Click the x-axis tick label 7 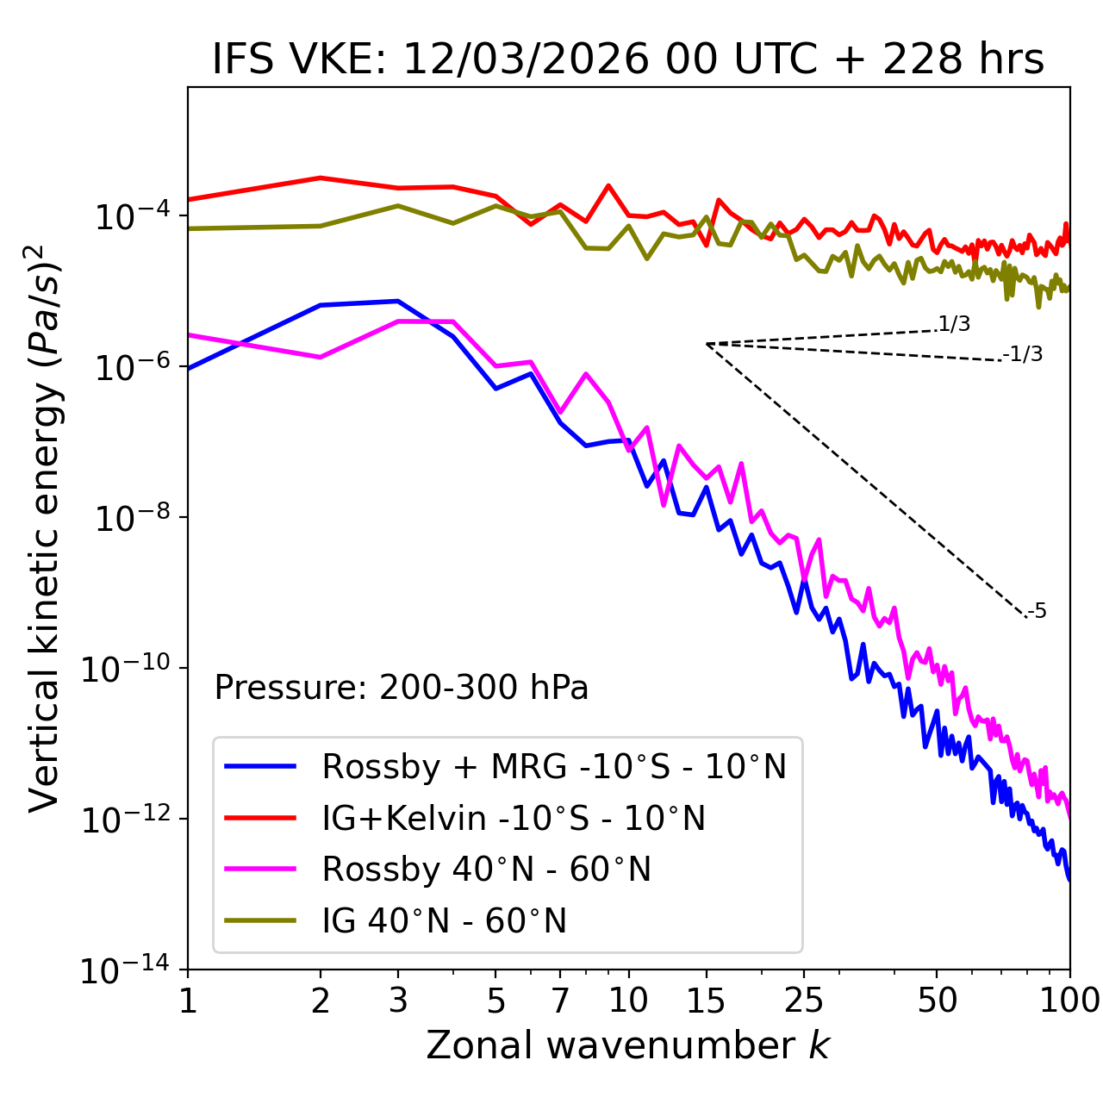click(560, 1000)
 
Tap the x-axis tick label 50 click(937, 1000)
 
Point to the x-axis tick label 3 click(398, 1000)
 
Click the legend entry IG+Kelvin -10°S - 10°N click(514, 818)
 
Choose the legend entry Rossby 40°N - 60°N click(486, 870)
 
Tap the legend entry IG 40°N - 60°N click(444, 921)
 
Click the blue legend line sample click(260, 766)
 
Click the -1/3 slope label click(1024, 354)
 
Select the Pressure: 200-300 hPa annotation click(402, 688)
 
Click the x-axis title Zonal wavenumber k click(628, 1045)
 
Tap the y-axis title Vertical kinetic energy click(45, 527)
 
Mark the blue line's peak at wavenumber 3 click(397, 301)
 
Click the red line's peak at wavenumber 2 click(321, 178)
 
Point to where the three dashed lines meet click(707, 344)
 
